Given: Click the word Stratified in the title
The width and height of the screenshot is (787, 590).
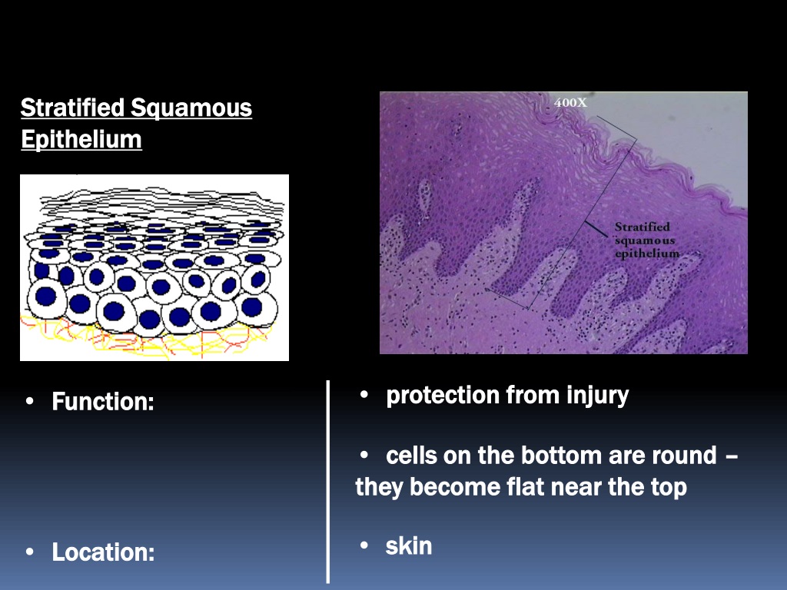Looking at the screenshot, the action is [x=72, y=108].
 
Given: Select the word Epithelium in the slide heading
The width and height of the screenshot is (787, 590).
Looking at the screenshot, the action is [x=81, y=140].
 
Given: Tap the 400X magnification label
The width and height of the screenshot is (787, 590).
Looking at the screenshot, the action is [x=570, y=102].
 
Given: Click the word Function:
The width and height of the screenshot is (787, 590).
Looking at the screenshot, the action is [x=103, y=402].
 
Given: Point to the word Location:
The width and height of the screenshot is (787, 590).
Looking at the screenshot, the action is [x=104, y=552].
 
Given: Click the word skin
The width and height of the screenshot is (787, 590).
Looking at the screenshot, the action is [x=409, y=546].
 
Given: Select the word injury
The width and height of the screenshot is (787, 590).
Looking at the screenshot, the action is [x=597, y=396].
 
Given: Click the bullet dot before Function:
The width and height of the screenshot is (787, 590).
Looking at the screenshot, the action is [x=30, y=402].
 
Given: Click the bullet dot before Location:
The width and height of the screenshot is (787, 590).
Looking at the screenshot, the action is [x=30, y=552].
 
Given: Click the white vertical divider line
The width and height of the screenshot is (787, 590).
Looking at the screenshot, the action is [x=328, y=482].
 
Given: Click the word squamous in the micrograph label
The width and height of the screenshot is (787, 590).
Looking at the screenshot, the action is [x=645, y=240].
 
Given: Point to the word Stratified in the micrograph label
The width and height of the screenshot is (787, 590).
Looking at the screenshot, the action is [x=643, y=227].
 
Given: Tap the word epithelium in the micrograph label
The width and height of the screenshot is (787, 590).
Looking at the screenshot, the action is [x=647, y=254].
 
